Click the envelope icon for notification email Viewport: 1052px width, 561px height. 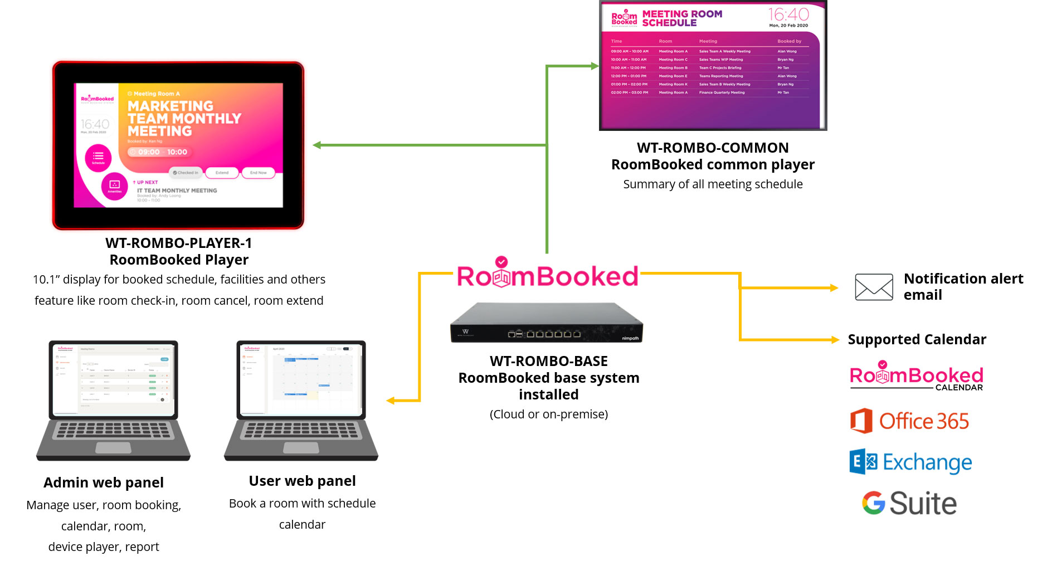[874, 287]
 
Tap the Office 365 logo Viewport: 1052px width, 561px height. [909, 421]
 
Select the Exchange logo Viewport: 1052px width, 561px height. [910, 462]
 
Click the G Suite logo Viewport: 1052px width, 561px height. [909, 503]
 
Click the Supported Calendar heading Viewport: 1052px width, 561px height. [917, 339]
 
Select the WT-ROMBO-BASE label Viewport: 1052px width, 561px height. [548, 361]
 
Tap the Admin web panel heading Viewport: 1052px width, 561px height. [104, 482]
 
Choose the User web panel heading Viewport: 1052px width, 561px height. [302, 481]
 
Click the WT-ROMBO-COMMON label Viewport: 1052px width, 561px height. [713, 148]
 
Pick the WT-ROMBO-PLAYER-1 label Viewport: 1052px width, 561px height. [178, 243]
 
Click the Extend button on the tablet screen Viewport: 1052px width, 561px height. [222, 173]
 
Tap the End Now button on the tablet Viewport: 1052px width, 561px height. [258, 173]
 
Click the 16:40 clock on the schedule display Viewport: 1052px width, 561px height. [788, 14]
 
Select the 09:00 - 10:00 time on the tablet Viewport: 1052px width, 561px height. [162, 152]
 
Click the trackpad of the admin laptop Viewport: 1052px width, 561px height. [113, 447]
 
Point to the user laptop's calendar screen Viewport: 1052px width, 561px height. [301, 379]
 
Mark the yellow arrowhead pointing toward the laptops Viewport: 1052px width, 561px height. [391, 401]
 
